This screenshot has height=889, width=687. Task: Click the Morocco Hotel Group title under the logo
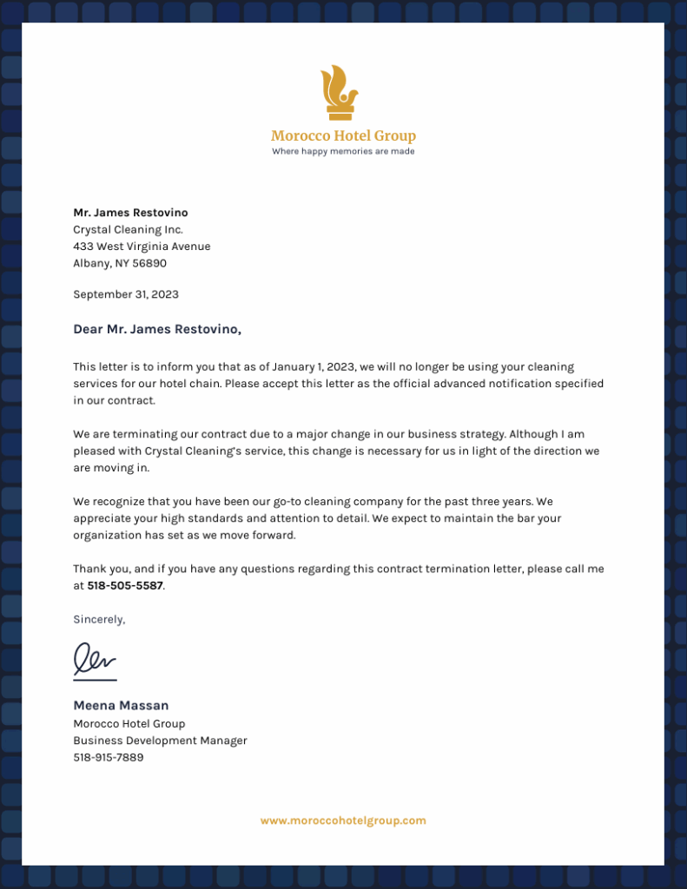tap(343, 135)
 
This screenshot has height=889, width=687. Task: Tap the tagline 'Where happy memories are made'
tap(343, 151)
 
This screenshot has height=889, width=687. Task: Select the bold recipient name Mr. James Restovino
tap(130, 213)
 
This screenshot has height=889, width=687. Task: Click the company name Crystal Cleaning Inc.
tap(128, 229)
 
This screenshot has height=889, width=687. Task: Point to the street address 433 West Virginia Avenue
tap(142, 247)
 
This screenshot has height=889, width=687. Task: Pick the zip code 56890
tap(148, 263)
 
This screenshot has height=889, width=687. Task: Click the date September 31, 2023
tap(126, 294)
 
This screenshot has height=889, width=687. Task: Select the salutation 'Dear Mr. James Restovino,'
tap(157, 329)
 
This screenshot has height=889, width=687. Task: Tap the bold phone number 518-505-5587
tap(125, 586)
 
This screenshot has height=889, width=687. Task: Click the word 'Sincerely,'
tap(99, 619)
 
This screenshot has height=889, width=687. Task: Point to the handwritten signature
tap(94, 660)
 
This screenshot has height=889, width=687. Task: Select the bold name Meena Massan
tap(121, 705)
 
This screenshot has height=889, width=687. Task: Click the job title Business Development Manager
tap(160, 741)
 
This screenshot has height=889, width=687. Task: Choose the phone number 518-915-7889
tap(109, 757)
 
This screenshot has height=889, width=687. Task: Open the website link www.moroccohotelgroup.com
tap(343, 820)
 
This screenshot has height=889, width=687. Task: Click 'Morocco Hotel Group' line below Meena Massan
tap(129, 723)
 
